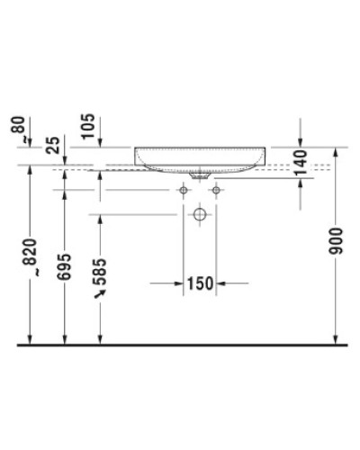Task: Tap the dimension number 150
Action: (x=201, y=283)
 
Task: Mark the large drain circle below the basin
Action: (x=201, y=215)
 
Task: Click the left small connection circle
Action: (x=184, y=191)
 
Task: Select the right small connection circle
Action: (x=217, y=191)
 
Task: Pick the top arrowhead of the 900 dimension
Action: (x=335, y=151)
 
